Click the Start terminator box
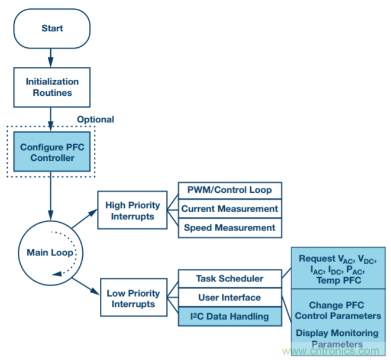(x=52, y=28)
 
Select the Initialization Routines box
(x=52, y=86)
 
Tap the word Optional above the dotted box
(x=95, y=119)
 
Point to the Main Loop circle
(x=50, y=252)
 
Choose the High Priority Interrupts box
(x=133, y=212)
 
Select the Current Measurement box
(x=230, y=209)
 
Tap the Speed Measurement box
(x=229, y=228)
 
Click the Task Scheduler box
(x=230, y=278)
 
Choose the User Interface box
(x=230, y=297)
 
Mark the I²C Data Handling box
(x=230, y=317)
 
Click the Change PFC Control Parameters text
(x=338, y=311)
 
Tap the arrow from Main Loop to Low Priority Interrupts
(x=85, y=287)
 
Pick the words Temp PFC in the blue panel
(x=337, y=281)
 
